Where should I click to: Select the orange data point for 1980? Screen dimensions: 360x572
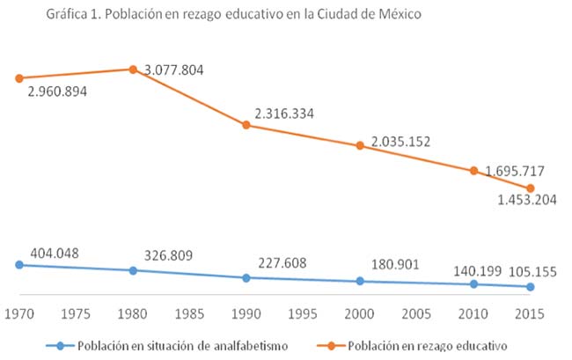click(x=132, y=69)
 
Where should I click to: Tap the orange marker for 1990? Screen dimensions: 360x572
click(x=246, y=125)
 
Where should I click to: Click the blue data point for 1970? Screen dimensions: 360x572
click(x=18, y=264)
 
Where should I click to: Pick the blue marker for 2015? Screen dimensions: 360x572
click(x=531, y=287)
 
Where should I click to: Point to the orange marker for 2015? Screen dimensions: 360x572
click(x=531, y=188)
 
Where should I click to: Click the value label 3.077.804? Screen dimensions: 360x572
click(x=173, y=70)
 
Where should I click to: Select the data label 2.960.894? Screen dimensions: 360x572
click(x=56, y=92)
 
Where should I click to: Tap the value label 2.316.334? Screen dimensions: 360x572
click(x=284, y=113)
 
